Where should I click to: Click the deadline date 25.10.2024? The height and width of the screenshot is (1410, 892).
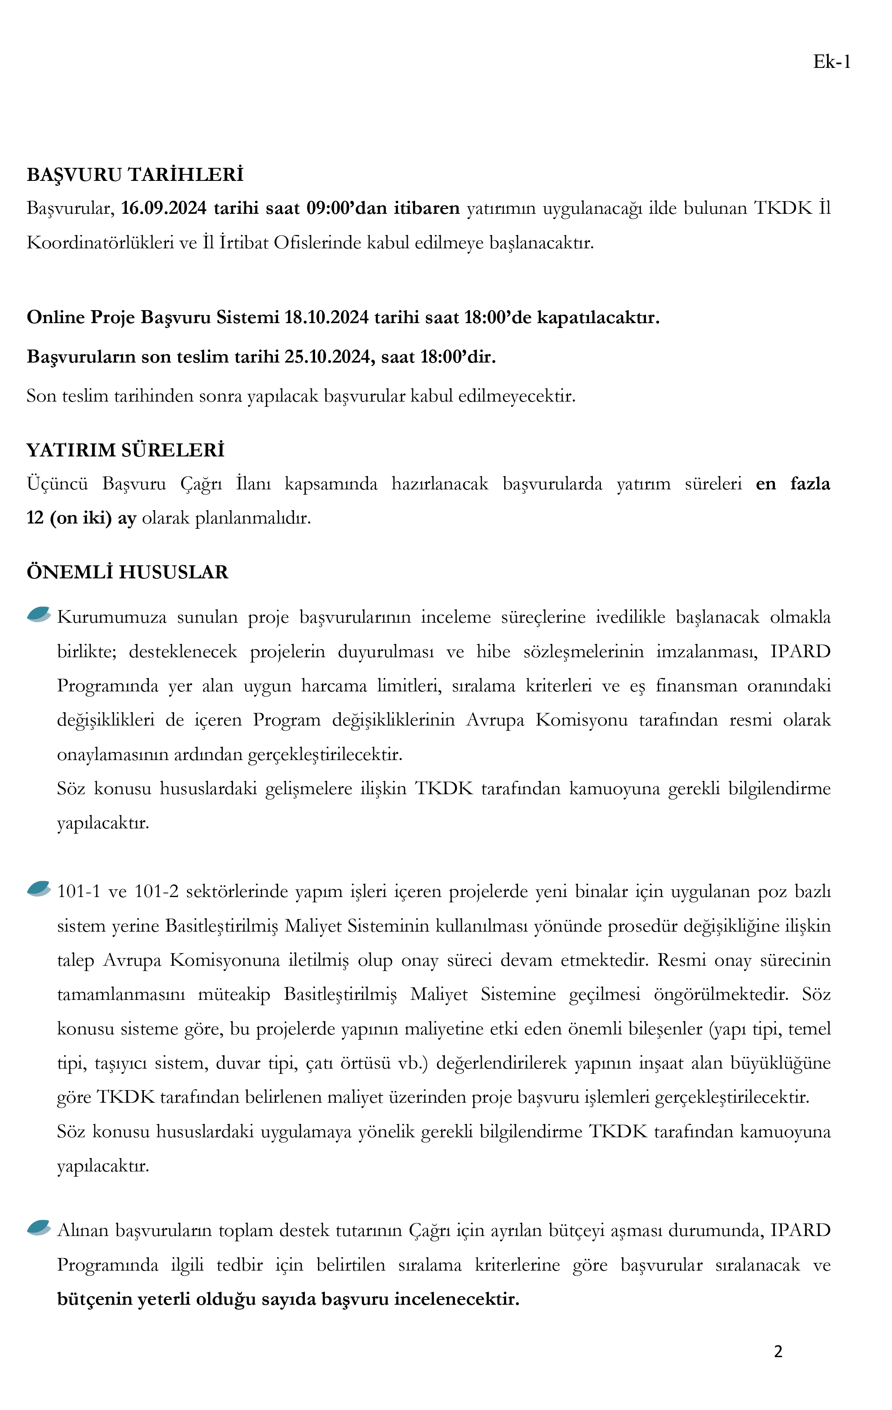click(x=330, y=356)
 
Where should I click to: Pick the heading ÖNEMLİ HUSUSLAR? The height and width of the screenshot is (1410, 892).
click(x=127, y=571)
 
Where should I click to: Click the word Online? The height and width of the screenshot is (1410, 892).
click(x=56, y=317)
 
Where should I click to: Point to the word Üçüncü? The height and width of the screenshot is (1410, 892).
click(x=57, y=484)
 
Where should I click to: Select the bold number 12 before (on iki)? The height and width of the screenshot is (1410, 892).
click(x=35, y=518)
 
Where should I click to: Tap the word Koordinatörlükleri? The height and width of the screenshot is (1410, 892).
click(x=99, y=242)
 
